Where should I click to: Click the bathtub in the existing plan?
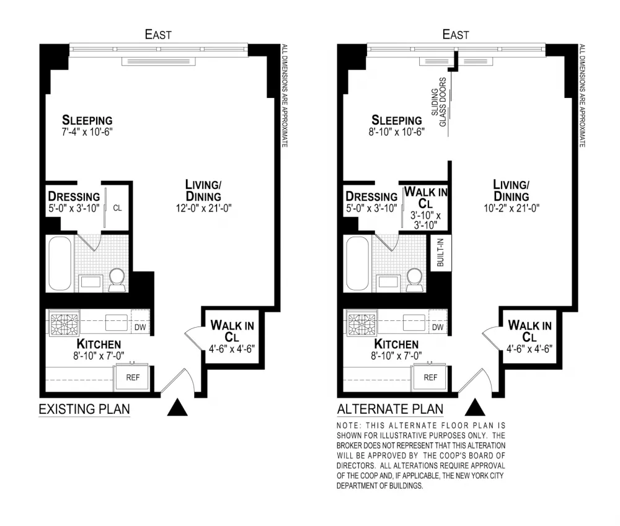(x=60, y=263)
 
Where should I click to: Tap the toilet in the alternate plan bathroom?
(x=414, y=280)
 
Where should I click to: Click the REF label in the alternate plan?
(x=430, y=377)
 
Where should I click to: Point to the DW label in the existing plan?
(x=140, y=327)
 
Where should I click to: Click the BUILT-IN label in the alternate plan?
(x=441, y=252)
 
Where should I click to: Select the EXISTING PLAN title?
(x=84, y=409)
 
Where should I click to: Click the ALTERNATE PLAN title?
(x=390, y=409)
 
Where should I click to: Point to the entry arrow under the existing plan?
(x=177, y=408)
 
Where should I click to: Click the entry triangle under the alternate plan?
(x=474, y=408)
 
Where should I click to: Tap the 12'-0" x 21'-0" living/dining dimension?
(x=203, y=208)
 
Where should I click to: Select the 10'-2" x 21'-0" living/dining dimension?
(x=511, y=208)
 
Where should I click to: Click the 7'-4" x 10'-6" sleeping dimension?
(x=87, y=131)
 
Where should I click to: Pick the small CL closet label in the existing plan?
(x=117, y=208)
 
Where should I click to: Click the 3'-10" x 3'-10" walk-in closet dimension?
(x=425, y=220)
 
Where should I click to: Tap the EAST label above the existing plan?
(x=158, y=35)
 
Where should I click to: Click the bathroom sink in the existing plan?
(x=90, y=282)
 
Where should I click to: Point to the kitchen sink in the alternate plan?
(x=414, y=322)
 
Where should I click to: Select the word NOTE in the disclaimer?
(x=348, y=426)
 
